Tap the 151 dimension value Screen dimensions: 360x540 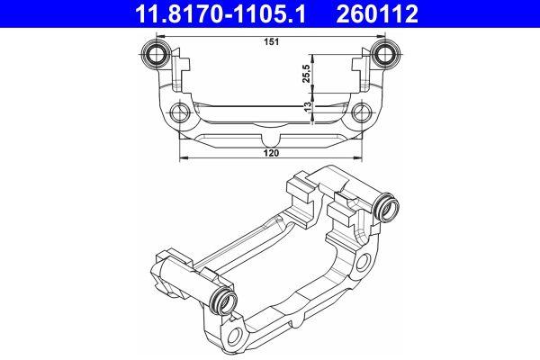click(x=270, y=41)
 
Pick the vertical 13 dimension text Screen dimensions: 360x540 click(x=308, y=105)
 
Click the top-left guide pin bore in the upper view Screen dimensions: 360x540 click(x=157, y=53)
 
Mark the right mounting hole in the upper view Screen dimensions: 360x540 click(x=362, y=114)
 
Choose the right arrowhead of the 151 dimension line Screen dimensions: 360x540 click(x=383, y=34)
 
